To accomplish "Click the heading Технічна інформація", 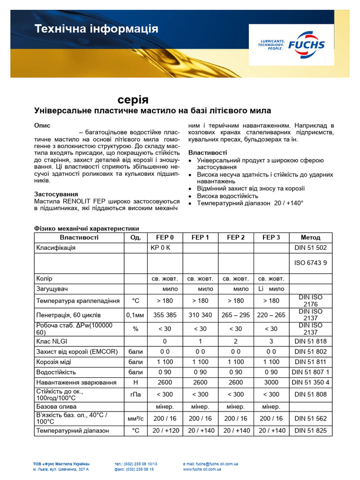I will tap(96, 29).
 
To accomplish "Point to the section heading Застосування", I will tap(56, 194).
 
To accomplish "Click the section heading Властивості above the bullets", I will tap(208, 153).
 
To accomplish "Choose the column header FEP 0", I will tap(165, 237).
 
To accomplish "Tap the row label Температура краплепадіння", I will tap(78, 300).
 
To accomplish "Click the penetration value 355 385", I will tap(165, 315).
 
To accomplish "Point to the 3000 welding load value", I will tap(271, 382).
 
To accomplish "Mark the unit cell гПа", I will tap(135, 394).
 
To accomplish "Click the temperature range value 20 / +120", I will tap(165, 430).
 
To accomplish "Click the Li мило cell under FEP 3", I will tap(271, 289).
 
